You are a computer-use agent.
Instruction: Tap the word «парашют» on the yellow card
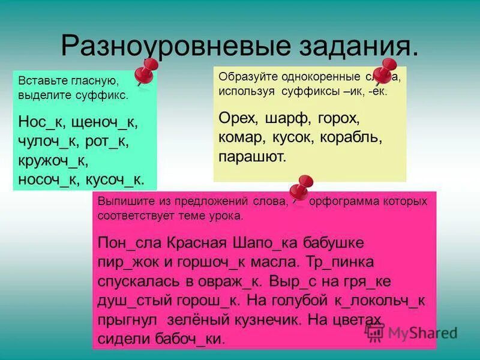[253, 157]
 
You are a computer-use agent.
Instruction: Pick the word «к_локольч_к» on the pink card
[380, 300]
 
